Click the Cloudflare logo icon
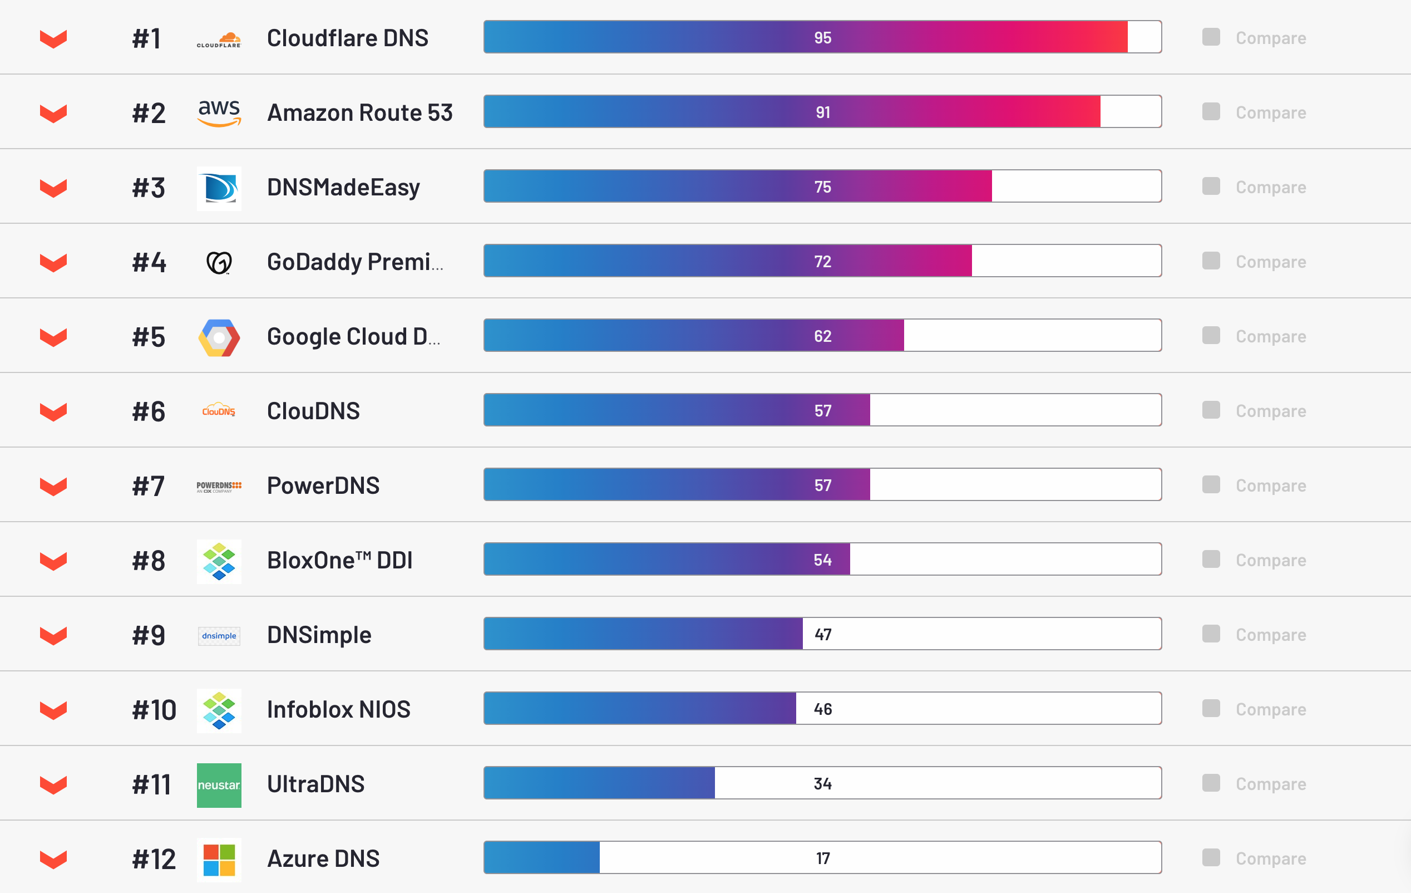point(219,40)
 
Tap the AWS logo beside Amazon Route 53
point(219,112)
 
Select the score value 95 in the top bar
point(822,37)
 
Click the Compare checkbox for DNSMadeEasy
point(1211,187)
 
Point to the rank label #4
point(149,262)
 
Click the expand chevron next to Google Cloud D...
point(53,337)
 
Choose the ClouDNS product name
point(313,411)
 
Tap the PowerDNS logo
point(219,486)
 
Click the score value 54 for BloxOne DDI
point(822,560)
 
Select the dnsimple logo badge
point(219,636)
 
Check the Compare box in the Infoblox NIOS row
point(1211,708)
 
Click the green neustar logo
point(219,785)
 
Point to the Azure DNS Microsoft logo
point(219,860)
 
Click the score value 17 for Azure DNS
point(822,858)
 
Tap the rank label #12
point(154,860)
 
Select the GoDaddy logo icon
point(219,262)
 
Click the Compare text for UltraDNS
point(1270,784)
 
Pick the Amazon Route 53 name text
point(360,112)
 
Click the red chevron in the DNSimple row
point(53,635)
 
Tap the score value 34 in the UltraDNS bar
point(822,784)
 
